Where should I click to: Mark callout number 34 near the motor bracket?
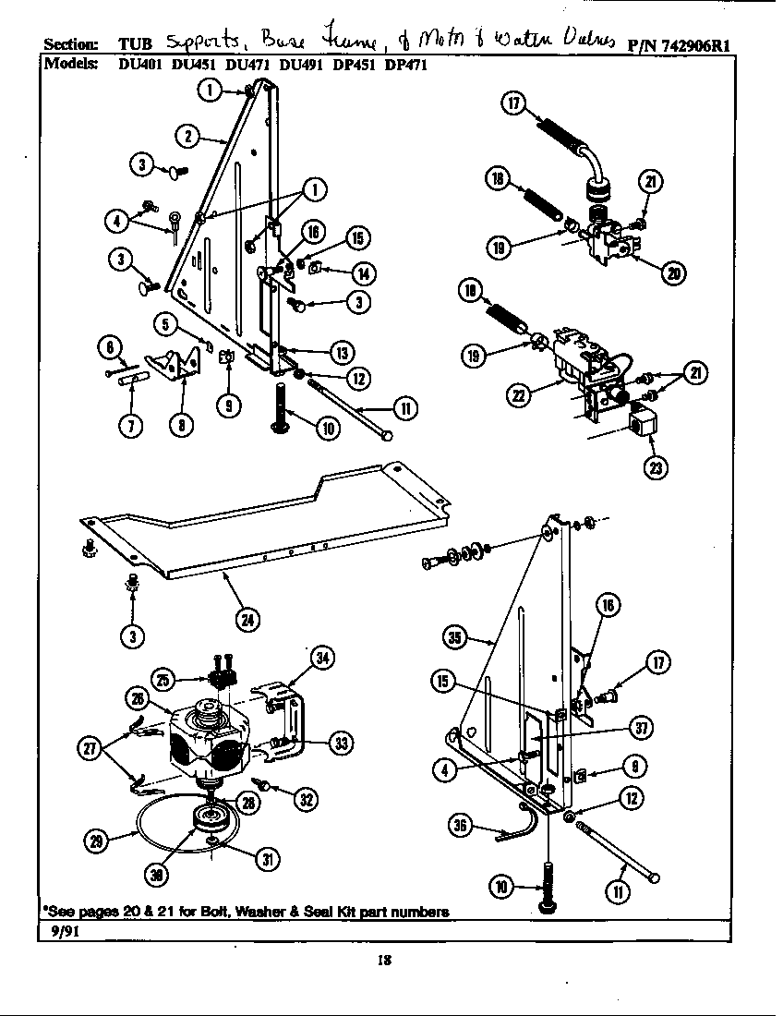point(320,658)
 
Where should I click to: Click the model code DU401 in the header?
point(138,66)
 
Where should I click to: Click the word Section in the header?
point(70,44)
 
